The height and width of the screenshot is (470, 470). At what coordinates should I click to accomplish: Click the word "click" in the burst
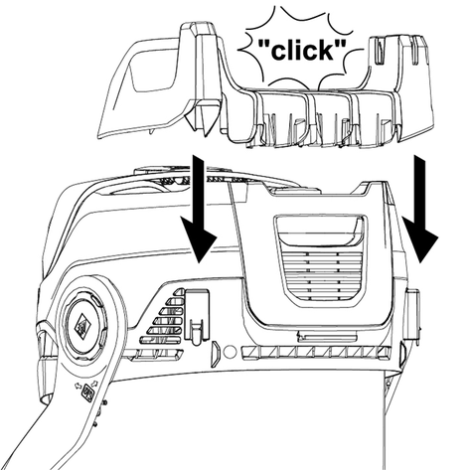click(302, 51)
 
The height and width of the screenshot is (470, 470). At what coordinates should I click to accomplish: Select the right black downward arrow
click(419, 209)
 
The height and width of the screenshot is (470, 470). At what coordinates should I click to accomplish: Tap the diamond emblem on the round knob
click(82, 327)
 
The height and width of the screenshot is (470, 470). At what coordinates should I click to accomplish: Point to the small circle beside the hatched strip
click(230, 352)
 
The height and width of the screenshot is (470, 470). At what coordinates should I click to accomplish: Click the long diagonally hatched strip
click(317, 353)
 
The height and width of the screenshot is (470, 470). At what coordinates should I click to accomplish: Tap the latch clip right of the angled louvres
click(198, 316)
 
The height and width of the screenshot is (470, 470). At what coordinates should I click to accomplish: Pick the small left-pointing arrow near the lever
click(78, 386)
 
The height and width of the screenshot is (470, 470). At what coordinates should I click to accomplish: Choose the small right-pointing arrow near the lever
click(94, 384)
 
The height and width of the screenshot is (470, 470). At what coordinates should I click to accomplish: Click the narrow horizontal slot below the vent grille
click(327, 337)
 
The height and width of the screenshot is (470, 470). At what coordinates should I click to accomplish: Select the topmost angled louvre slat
click(179, 292)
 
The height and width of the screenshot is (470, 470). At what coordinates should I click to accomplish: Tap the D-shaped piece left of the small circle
click(215, 354)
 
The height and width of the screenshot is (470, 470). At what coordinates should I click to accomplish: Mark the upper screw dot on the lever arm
click(104, 402)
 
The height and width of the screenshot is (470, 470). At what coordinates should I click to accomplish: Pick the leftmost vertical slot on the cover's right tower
click(378, 51)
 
